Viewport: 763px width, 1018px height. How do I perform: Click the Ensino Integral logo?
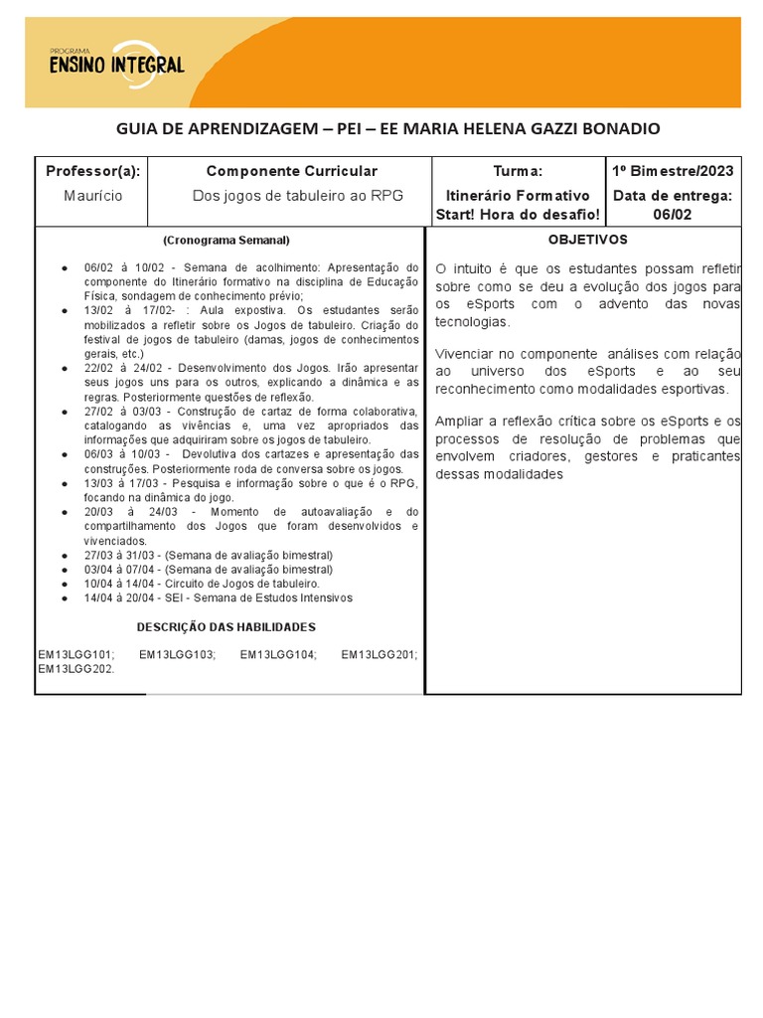coord(117,63)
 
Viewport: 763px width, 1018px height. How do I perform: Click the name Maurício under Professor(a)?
coord(92,196)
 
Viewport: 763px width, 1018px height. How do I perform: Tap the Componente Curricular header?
coord(291,172)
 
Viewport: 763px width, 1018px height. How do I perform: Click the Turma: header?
coord(518,172)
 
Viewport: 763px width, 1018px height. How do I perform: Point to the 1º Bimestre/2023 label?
coord(674,172)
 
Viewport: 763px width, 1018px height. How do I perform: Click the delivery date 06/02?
coord(673,215)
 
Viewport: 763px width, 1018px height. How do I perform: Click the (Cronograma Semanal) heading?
coord(227,240)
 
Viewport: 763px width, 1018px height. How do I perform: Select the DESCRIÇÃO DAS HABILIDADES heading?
coord(226,627)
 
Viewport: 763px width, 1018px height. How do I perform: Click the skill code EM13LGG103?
coord(177,654)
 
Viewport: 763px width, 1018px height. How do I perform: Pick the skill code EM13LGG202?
coord(76,669)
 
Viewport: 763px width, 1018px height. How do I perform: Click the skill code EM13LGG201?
coord(379,654)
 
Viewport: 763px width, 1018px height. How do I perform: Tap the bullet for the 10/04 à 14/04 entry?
coord(65,585)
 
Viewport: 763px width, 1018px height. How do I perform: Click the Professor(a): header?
coord(93,172)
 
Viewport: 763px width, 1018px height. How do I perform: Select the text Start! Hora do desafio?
coord(518,215)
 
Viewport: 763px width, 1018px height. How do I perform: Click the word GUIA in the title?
coord(137,129)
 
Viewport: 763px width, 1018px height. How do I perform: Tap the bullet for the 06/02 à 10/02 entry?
coord(65,268)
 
